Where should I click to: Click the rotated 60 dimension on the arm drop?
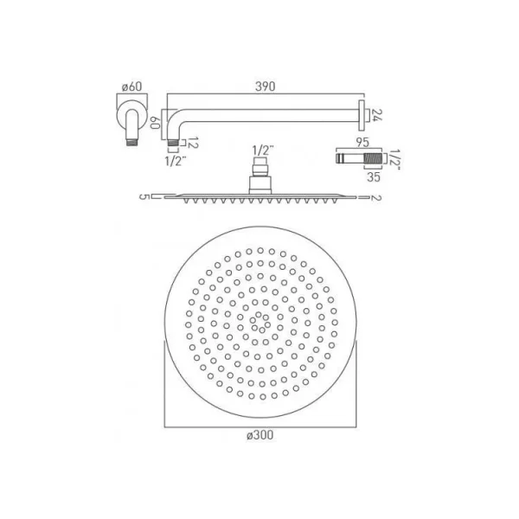point(157,123)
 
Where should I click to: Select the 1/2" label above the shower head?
point(259,149)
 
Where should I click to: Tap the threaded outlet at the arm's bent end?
point(176,138)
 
